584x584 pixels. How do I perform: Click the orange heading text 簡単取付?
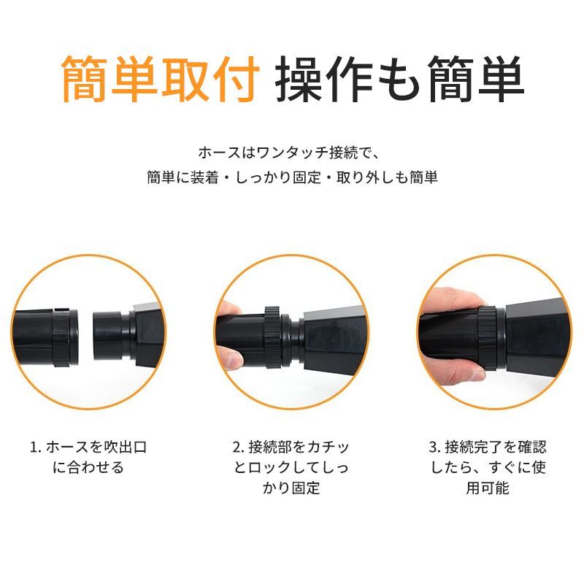point(161,79)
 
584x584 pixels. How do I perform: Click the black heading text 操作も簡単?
point(399,79)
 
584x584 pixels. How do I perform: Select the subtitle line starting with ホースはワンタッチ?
point(288,153)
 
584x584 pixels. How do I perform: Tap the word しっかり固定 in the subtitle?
point(278,177)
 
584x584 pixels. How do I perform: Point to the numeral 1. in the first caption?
point(36,447)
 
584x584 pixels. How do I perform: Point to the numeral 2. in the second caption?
point(239,447)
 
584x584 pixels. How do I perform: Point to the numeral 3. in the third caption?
point(435,447)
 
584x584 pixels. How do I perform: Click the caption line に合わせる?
point(88,467)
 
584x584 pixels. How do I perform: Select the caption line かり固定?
point(291,488)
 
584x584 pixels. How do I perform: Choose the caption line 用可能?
point(488,488)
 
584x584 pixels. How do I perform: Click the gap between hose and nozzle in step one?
point(85,335)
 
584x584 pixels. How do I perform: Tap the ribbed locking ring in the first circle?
point(61,337)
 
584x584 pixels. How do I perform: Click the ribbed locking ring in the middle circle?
point(272,337)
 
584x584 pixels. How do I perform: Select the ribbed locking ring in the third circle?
point(487,338)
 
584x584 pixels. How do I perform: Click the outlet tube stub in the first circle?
point(107,335)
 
